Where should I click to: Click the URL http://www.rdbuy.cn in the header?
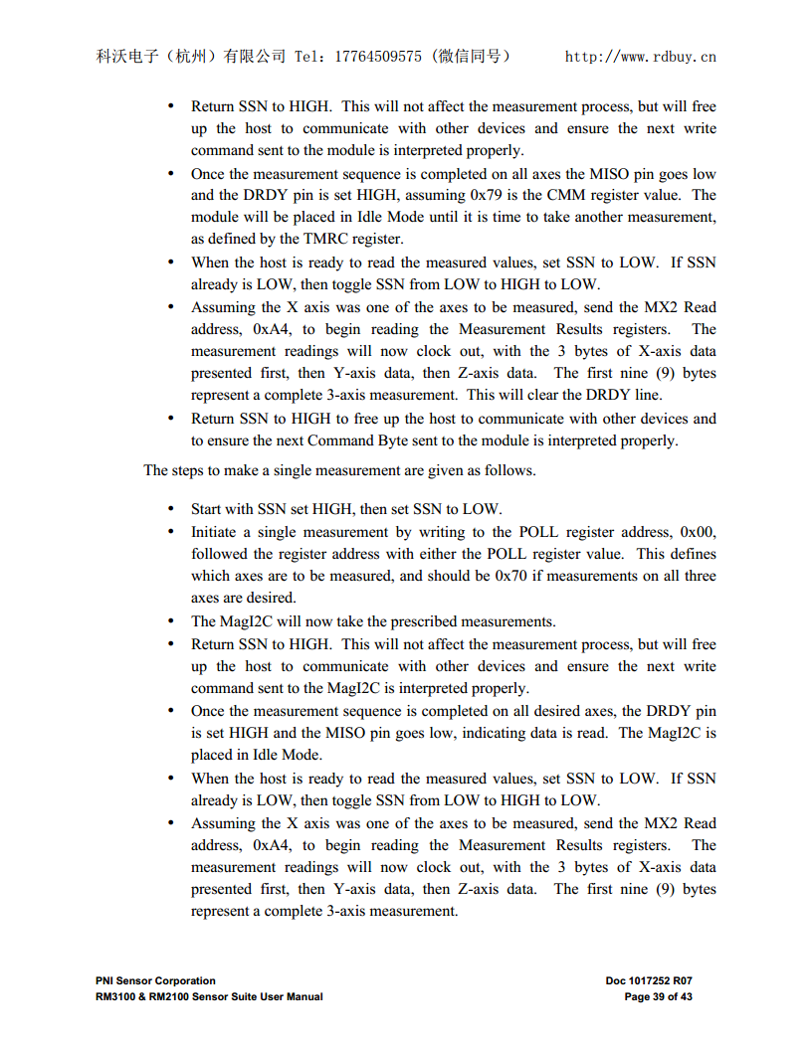click(641, 57)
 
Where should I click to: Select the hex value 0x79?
click(489, 195)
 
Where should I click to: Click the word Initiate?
click(216, 532)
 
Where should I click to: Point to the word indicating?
click(519, 733)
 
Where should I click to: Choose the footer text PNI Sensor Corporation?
click(155, 980)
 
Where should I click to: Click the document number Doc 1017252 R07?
click(648, 980)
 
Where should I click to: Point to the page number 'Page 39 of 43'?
click(658, 996)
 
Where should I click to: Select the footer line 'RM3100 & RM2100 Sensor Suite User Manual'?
click(209, 996)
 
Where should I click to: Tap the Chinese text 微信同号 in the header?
click(472, 57)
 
